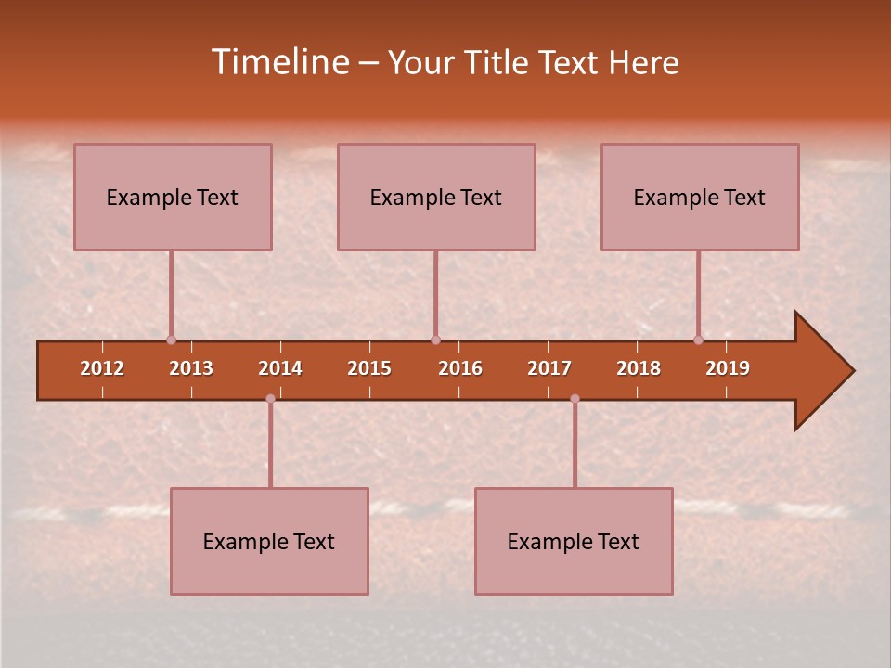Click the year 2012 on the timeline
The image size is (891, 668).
[102, 368]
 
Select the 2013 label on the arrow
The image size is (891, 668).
[191, 368]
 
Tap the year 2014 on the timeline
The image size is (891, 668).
[280, 368]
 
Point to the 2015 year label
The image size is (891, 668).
[369, 368]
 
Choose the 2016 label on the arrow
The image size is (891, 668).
[460, 368]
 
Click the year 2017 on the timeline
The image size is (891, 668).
[549, 368]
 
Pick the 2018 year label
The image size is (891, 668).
[639, 368]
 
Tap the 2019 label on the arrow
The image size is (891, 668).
[728, 368]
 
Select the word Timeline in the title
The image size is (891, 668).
[280, 62]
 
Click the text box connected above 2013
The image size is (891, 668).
[173, 197]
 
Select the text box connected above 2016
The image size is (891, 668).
[436, 197]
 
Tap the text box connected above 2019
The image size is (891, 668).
[700, 197]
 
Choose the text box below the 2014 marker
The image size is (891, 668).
[269, 541]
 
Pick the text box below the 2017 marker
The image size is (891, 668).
[574, 541]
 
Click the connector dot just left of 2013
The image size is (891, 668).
[171, 340]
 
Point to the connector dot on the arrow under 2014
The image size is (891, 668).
[270, 398]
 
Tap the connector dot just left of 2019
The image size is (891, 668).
[698, 340]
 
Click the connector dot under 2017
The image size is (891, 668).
[575, 398]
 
